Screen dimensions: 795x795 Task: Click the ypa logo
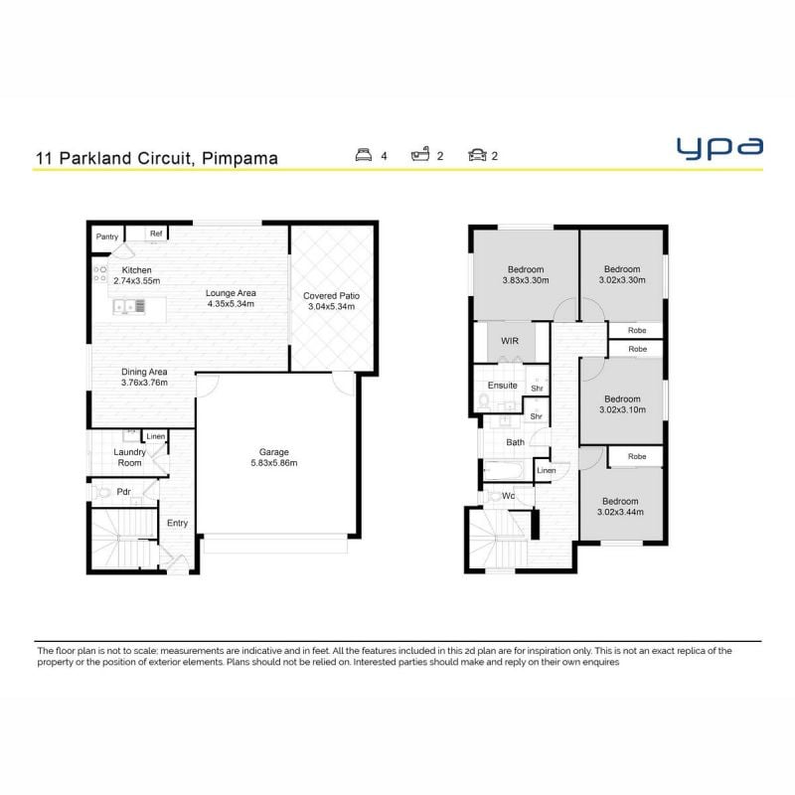[719, 148]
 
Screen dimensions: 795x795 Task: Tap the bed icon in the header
[364, 155]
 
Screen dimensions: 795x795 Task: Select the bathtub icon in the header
[420, 154]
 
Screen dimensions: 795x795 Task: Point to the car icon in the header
[477, 155]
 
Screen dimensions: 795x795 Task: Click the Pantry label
[107, 237]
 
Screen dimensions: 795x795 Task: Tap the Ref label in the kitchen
[156, 234]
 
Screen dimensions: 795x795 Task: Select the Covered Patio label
[332, 295]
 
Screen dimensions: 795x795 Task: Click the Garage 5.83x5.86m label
[274, 457]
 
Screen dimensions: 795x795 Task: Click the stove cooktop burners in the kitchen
[100, 274]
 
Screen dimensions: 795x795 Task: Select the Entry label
[178, 523]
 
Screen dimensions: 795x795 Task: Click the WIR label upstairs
[510, 341]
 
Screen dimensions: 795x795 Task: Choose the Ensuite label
[503, 386]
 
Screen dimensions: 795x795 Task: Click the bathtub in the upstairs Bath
[503, 471]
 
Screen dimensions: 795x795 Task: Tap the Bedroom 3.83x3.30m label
[526, 275]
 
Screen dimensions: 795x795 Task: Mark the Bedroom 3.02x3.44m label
[620, 507]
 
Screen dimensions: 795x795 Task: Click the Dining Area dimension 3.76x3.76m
[144, 383]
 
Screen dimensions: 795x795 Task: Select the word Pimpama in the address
[239, 158]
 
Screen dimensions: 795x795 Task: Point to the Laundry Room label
[130, 457]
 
